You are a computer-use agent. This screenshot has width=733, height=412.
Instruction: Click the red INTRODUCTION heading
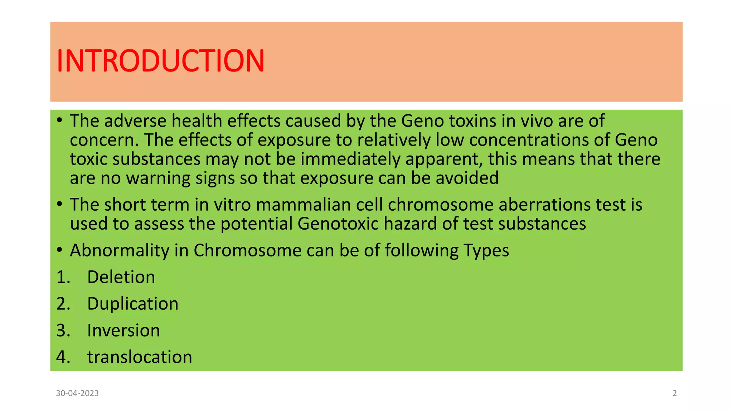tap(160, 61)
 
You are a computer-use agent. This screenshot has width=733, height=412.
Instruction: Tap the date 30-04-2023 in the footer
tap(77, 393)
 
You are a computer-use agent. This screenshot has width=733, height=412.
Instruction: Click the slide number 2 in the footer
tap(675, 393)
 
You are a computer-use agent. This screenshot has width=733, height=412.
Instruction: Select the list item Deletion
tap(121, 277)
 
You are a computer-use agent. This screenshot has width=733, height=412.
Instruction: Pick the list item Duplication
tap(132, 304)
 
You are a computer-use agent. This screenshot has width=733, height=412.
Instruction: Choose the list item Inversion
tap(123, 330)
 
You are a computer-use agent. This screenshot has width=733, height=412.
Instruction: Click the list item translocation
tap(140, 357)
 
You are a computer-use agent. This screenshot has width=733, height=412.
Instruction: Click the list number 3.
tap(63, 330)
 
